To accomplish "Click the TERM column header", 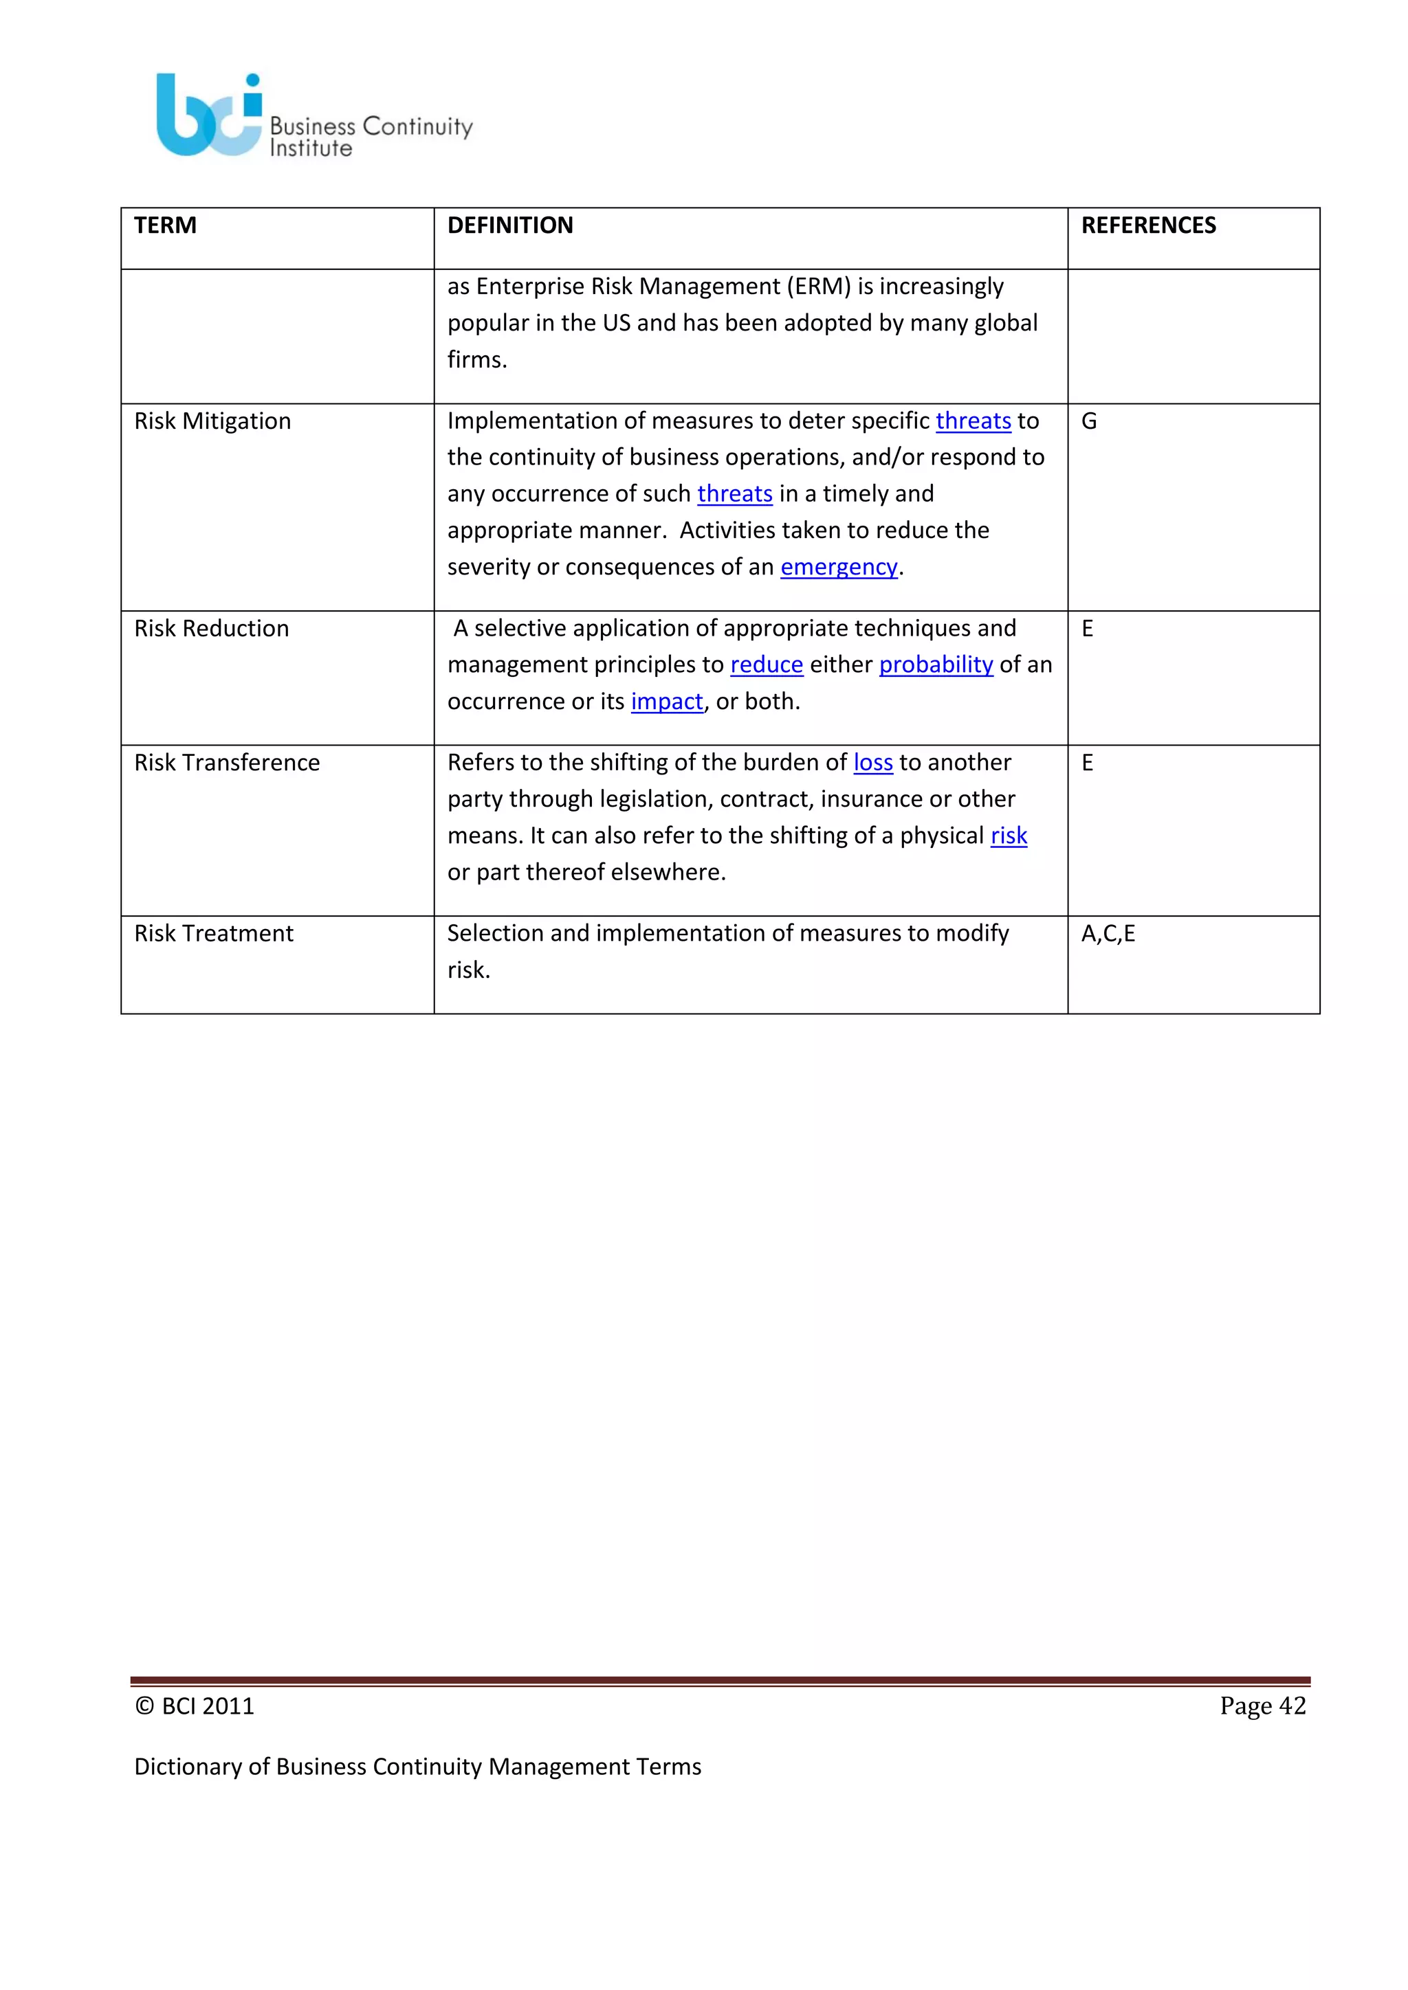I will (x=165, y=225).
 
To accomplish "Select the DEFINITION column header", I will (x=510, y=225).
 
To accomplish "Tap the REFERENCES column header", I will (x=1148, y=225).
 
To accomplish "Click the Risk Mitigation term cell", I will (x=212, y=421).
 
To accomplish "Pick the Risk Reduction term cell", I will (x=212, y=628).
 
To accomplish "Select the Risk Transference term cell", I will (x=227, y=763).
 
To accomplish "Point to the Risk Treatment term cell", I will (x=214, y=933).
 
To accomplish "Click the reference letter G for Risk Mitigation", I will (x=1089, y=421).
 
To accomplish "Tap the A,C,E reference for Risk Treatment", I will (x=1108, y=933).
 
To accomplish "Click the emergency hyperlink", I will (x=838, y=567).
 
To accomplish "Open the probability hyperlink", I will (x=936, y=664).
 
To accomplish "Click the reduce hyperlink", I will (x=767, y=664).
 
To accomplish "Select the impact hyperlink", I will (x=667, y=701).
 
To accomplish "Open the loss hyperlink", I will (x=873, y=763).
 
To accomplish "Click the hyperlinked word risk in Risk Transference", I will (x=1009, y=836).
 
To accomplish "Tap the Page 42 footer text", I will (x=1262, y=1706).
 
